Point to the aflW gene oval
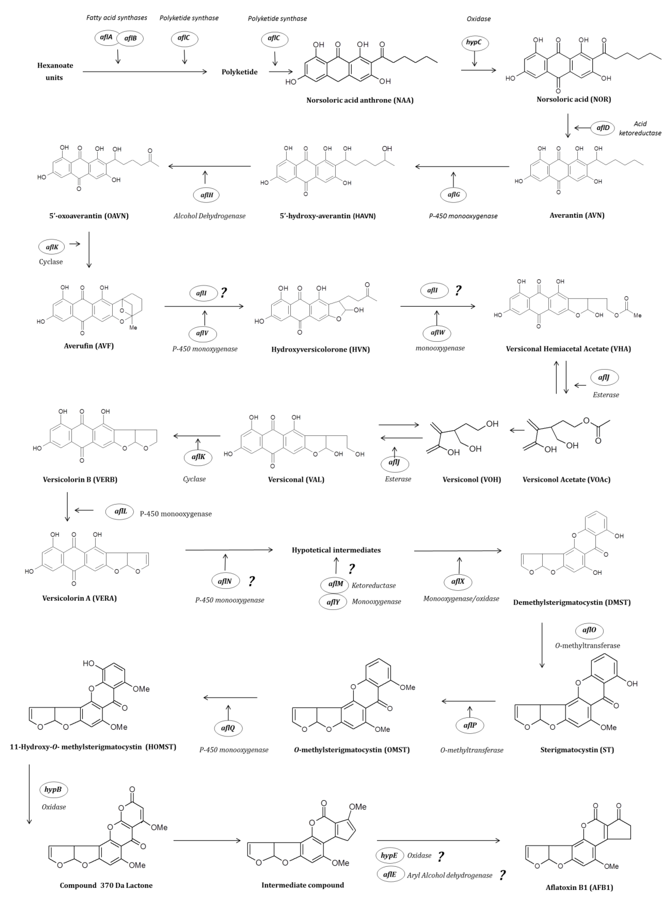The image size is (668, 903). pos(437,333)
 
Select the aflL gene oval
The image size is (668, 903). pos(120,511)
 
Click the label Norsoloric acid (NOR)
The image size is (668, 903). pos(573,99)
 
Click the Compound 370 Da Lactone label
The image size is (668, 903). pos(106,885)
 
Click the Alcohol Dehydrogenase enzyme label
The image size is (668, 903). pos(210,216)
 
